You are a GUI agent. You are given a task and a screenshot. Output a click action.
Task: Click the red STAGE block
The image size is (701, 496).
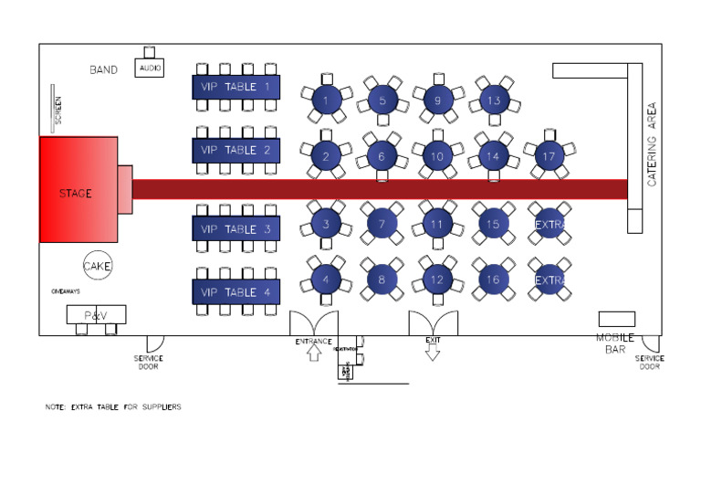point(78,190)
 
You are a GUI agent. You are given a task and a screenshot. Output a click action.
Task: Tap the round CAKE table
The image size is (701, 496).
point(98,266)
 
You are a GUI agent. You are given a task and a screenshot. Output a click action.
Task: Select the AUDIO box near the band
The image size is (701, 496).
point(151,68)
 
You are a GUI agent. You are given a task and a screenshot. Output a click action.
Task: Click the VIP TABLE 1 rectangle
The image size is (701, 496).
point(235,87)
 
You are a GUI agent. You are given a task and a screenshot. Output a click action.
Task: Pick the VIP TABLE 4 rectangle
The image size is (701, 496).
point(235,292)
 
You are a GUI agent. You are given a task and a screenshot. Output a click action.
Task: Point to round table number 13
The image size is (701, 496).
point(494,100)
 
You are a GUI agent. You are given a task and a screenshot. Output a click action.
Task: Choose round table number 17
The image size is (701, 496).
point(549,156)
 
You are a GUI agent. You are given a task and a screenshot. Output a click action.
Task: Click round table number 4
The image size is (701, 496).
point(326,279)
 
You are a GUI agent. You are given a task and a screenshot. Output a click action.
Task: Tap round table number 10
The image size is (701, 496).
point(437,156)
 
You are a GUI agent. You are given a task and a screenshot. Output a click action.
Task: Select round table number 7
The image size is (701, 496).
point(382,222)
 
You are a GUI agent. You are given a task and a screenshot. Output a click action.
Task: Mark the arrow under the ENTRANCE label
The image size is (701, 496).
point(313,354)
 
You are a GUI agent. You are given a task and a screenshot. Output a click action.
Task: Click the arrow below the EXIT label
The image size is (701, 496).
point(433,354)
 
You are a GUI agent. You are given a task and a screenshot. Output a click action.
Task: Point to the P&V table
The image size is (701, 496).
point(96,315)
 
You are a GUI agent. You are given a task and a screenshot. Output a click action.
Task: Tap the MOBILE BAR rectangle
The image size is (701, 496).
point(616,319)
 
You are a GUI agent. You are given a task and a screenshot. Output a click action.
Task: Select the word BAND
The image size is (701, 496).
point(103,69)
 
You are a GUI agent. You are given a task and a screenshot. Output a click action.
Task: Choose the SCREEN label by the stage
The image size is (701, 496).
point(58,109)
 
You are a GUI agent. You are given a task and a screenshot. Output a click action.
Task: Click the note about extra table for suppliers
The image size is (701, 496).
point(113,406)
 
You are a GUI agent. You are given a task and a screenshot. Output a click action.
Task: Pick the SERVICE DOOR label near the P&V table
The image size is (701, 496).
point(148,363)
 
